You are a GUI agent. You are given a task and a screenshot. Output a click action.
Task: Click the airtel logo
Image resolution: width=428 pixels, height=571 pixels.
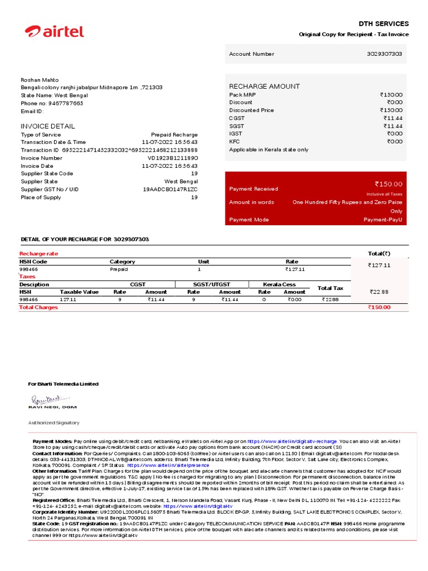click(x=55, y=32)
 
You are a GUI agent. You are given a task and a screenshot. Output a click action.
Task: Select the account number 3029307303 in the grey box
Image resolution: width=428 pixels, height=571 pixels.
click(x=384, y=54)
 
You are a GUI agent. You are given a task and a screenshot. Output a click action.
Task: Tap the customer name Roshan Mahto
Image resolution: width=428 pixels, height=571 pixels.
click(x=40, y=80)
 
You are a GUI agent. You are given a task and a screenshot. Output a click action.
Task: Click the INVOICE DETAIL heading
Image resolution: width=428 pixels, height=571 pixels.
click(x=47, y=126)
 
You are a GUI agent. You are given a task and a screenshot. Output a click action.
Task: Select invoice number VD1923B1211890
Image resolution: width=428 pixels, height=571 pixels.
click(x=172, y=158)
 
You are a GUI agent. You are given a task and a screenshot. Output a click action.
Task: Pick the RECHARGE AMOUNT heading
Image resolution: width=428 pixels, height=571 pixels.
click(x=264, y=86)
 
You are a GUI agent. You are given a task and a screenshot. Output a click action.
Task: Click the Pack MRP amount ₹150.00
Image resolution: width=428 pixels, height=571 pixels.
click(x=391, y=95)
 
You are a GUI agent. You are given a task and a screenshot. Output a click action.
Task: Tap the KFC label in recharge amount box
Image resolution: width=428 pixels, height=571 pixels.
click(x=235, y=142)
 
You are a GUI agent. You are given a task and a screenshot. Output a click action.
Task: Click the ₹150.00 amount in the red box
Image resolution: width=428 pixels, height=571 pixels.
click(x=388, y=184)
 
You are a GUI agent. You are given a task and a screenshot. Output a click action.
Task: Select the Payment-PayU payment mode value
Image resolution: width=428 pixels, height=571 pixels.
click(x=383, y=220)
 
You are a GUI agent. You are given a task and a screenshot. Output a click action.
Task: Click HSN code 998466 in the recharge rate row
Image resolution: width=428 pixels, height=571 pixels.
click(x=29, y=269)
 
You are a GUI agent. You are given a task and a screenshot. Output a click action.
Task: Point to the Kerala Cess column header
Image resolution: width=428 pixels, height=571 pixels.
click(x=279, y=284)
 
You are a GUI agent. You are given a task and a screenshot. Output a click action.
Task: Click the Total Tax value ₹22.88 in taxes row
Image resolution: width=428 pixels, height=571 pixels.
click(x=330, y=299)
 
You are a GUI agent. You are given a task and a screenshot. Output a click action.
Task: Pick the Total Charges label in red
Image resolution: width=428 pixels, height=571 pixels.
click(x=38, y=307)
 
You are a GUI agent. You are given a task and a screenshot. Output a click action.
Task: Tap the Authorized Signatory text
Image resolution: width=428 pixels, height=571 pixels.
click(x=53, y=423)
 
